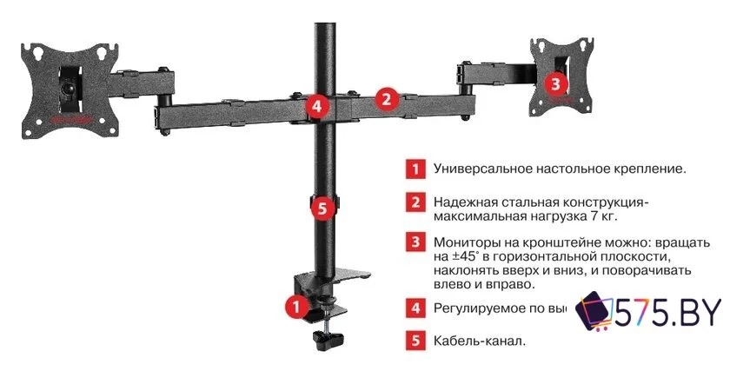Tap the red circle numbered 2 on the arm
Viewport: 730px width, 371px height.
(x=387, y=98)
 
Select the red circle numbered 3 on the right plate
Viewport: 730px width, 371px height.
(x=556, y=83)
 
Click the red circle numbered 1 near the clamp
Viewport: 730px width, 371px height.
(x=295, y=306)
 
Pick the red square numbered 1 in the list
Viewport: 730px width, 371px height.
(x=418, y=168)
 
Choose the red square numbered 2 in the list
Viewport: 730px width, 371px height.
(x=418, y=202)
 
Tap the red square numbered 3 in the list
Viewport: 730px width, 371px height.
(x=418, y=242)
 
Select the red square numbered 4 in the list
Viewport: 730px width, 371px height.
(x=418, y=307)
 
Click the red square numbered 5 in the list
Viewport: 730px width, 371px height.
(x=418, y=340)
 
